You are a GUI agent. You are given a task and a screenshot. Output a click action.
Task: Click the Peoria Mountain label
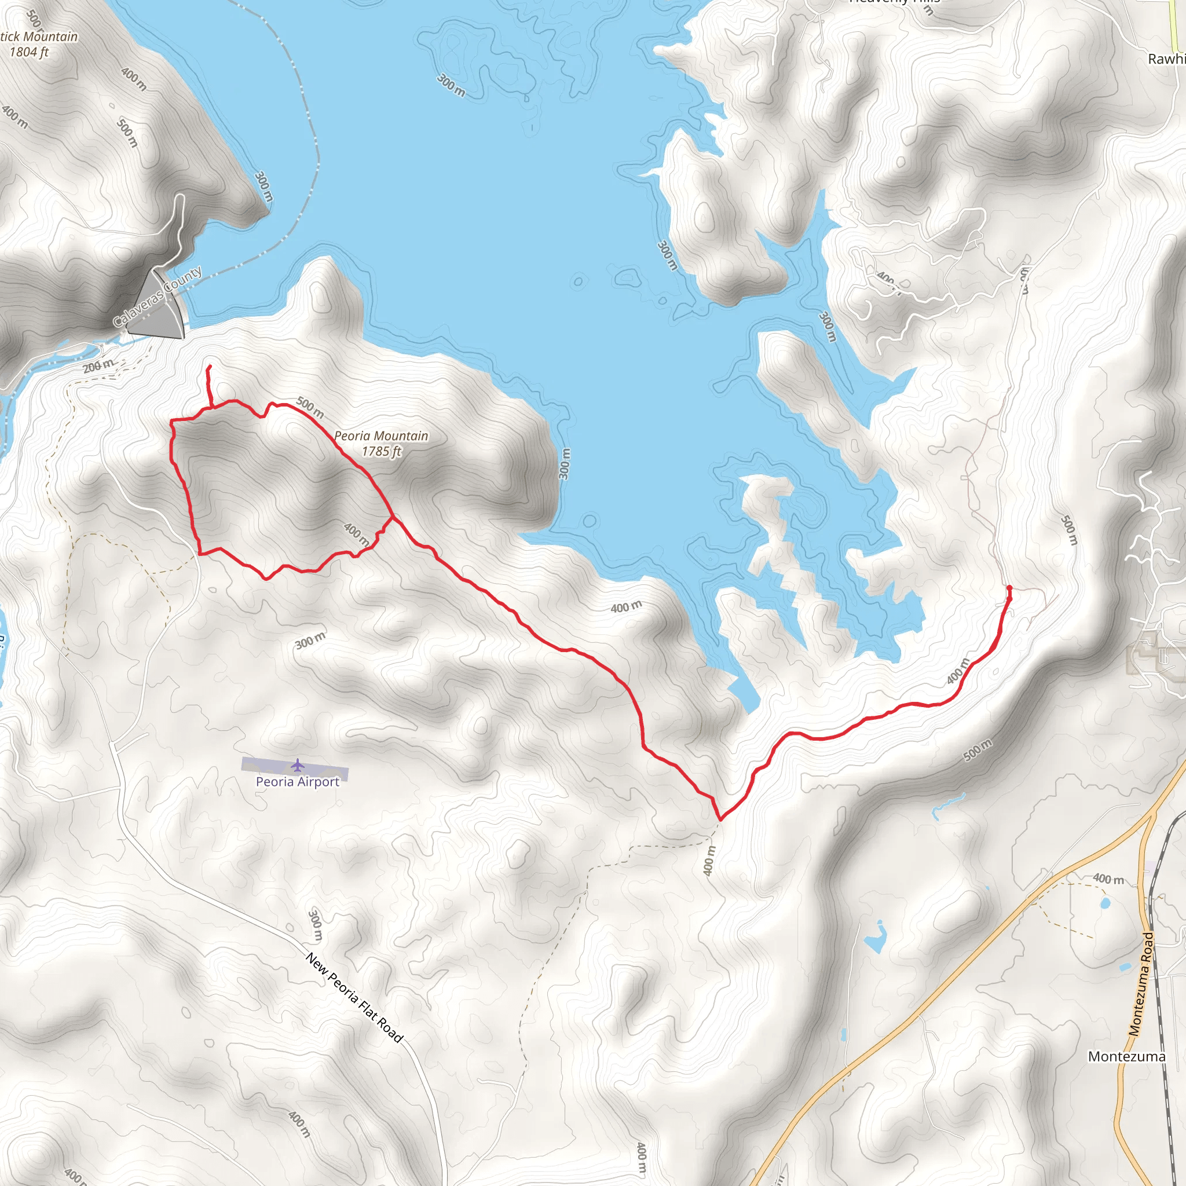click(x=381, y=436)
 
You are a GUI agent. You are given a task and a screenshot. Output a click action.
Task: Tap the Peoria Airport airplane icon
click(x=298, y=766)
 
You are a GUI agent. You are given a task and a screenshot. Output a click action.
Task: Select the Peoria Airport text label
click(x=298, y=782)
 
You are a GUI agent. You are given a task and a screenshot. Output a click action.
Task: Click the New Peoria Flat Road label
click(x=354, y=998)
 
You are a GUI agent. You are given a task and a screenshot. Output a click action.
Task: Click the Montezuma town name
click(x=1126, y=1056)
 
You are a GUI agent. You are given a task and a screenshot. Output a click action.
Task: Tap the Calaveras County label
click(x=158, y=296)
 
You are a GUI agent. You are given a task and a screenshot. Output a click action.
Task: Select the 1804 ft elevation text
click(x=29, y=52)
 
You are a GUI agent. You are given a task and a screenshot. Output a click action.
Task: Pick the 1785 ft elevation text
click(x=381, y=451)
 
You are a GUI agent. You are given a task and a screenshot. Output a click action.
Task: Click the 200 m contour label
click(x=98, y=367)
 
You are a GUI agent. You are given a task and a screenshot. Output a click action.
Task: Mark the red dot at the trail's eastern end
click(x=1009, y=588)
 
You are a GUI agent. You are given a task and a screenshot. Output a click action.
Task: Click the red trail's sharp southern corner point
click(x=720, y=819)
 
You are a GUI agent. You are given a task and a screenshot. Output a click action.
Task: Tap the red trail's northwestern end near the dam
click(x=210, y=367)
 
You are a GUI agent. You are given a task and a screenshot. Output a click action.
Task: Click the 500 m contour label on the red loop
click(x=310, y=407)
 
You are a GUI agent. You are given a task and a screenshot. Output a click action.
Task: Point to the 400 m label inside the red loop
click(x=357, y=534)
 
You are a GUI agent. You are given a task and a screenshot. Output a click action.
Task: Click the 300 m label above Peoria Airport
click(x=310, y=641)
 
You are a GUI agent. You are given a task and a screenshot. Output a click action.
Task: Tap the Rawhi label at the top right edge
click(x=1166, y=60)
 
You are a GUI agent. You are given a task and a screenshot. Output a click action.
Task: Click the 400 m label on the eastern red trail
click(x=958, y=671)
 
